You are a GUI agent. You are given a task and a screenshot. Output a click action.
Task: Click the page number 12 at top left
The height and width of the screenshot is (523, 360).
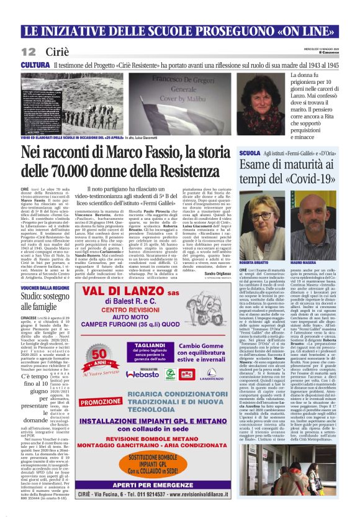(29, 50)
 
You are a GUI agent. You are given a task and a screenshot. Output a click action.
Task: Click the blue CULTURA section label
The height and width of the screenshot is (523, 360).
(35, 65)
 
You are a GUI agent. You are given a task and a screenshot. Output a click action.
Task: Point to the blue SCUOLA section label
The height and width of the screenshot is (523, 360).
(284, 152)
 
